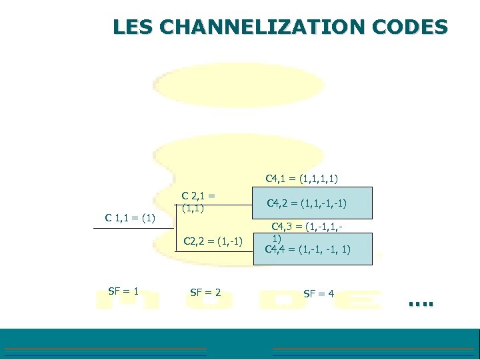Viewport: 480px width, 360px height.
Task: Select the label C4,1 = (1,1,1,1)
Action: coord(301,179)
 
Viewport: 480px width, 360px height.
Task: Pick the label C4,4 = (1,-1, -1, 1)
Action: coord(307,250)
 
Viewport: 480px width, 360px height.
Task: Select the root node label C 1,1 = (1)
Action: coord(131,217)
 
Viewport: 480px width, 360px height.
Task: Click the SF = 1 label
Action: coord(123,291)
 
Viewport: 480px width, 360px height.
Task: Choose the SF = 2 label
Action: coord(205,292)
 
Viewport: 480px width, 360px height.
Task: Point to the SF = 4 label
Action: coord(319,293)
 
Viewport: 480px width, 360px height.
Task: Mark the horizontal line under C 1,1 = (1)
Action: coord(133,229)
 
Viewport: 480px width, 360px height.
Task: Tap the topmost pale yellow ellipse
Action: coord(238,85)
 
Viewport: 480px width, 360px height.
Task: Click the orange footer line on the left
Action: coord(105,349)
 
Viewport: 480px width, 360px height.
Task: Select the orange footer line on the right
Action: coord(373,349)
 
